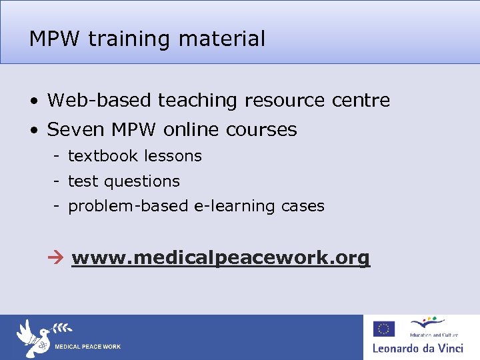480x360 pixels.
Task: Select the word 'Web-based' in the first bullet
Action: [x=100, y=101]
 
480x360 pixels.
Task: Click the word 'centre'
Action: [x=363, y=101]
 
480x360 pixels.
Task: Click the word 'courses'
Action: [x=262, y=129]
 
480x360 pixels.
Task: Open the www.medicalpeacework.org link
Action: [x=221, y=258]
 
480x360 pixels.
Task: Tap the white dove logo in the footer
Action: [x=35, y=336]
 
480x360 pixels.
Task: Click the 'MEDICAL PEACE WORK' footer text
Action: [x=87, y=347]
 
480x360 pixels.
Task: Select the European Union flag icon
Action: [x=384, y=329]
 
